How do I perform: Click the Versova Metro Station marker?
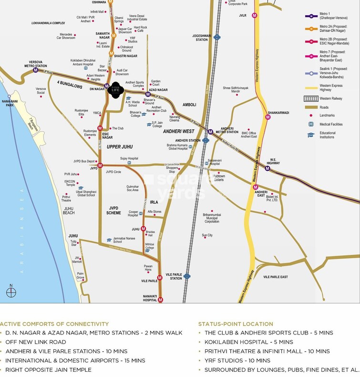coord(35,70)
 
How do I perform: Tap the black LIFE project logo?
coord(114,90)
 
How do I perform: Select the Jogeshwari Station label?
coord(202,36)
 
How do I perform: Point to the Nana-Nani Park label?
coord(8,103)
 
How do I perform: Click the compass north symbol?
coord(11,292)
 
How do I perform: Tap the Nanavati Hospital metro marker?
coord(160,300)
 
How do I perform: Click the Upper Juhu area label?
coord(120,147)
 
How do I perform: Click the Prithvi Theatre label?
coord(67,199)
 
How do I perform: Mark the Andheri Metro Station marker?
coord(210,132)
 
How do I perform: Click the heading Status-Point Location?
coord(236,324)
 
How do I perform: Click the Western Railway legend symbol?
coord(310,98)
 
